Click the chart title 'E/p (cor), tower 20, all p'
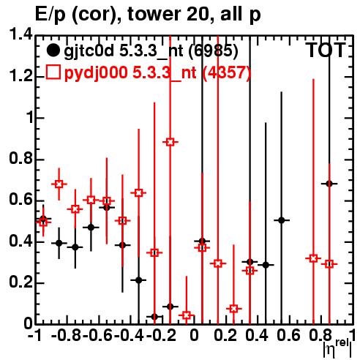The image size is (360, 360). tap(148, 14)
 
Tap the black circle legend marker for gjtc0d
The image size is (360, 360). tap(53, 50)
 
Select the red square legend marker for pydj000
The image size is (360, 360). tap(53, 72)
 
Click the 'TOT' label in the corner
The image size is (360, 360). tap(326, 50)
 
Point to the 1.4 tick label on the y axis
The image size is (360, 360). tap(20, 35)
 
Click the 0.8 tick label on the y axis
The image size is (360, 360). tap(20, 159)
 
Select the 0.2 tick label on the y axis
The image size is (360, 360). tap(20, 282)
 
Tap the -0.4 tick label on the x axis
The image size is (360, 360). tap(130, 335)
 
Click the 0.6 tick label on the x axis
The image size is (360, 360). tap(288, 335)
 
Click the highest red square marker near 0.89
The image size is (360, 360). tap(170, 142)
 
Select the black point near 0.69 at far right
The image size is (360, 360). tap(329, 184)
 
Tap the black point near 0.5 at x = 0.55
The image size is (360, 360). tap(282, 220)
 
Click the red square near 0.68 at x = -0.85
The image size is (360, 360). tap(59, 184)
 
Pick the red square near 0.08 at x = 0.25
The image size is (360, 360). tap(233, 309)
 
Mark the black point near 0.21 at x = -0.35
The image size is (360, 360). tap(138, 280)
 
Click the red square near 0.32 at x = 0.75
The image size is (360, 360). tap(313, 258)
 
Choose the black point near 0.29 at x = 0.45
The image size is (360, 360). tap(266, 265)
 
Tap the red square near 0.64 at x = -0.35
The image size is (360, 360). tap(138, 193)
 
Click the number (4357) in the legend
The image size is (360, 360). tap(227, 73)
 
